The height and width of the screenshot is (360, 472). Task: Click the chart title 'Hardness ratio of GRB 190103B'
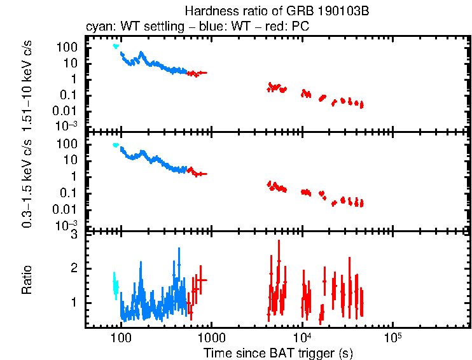pos(277,11)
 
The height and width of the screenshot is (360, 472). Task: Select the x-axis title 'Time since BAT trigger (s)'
pos(278,352)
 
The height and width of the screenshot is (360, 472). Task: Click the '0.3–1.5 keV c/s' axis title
pos(27,184)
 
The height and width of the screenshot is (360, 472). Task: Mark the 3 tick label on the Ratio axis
pos(74,235)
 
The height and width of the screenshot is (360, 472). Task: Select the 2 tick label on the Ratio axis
pos(74,268)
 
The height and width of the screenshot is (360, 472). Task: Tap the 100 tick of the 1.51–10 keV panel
pos(69,48)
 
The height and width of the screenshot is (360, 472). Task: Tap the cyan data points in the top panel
pos(116,46)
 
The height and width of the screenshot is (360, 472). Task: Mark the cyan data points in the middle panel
pos(116,145)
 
